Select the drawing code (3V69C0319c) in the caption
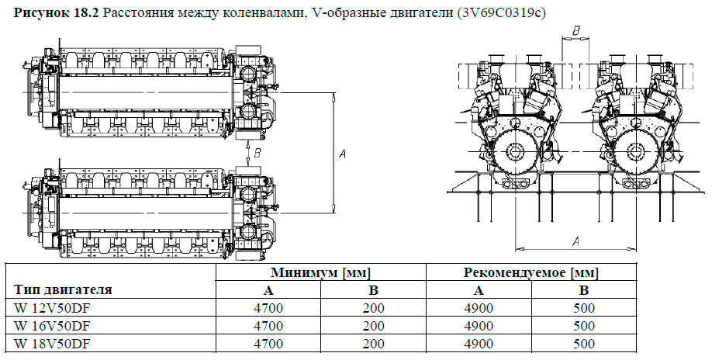pyautogui.click(x=503, y=12)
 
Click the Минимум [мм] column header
pyautogui.click(x=320, y=273)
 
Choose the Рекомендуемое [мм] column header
pyautogui.click(x=531, y=273)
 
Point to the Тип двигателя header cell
pyautogui.click(x=63, y=290)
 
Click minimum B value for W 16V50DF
pyautogui.click(x=373, y=326)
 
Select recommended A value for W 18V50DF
pyautogui.click(x=479, y=344)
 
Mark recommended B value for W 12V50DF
pyautogui.click(x=584, y=308)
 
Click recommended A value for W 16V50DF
pyautogui.click(x=479, y=326)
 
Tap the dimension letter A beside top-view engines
pyautogui.click(x=342, y=155)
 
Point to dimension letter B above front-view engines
pyautogui.click(x=575, y=30)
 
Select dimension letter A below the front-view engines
pyautogui.click(x=575, y=242)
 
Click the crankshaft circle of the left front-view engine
pyautogui.click(x=514, y=151)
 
